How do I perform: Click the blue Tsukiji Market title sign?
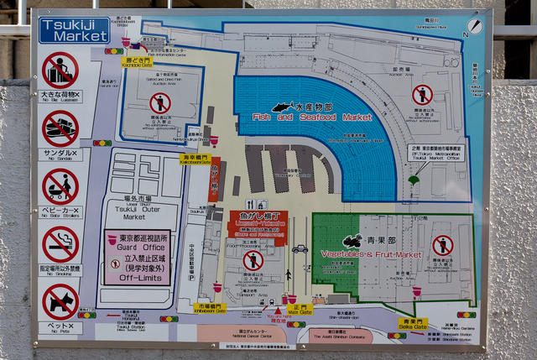[x=74, y=31]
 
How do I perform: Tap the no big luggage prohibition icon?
[x=60, y=70]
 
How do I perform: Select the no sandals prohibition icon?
[x=60, y=128]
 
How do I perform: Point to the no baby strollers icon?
[x=60, y=185]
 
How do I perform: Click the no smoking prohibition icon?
[x=60, y=243]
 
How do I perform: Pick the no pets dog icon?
[x=60, y=300]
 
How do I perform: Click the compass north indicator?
[x=467, y=34]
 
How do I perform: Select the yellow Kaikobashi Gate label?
[x=196, y=157]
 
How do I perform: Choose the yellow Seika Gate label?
[x=410, y=324]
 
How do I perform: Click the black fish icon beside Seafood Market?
[x=283, y=107]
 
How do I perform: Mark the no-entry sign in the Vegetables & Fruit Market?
[x=442, y=245]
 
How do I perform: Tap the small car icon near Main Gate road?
[x=300, y=248]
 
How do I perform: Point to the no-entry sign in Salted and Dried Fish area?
[x=159, y=103]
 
